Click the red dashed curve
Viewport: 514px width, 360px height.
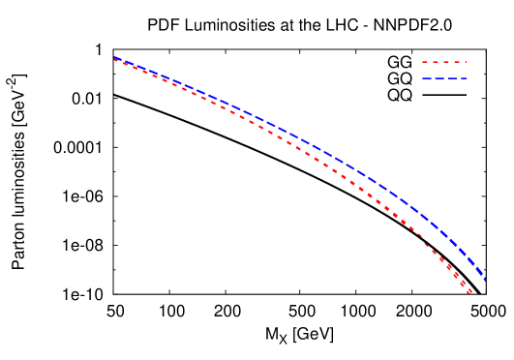point(290,141)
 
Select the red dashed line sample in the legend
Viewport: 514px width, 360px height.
point(443,62)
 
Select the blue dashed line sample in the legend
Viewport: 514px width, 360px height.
point(444,77)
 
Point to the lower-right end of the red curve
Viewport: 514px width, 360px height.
point(470,292)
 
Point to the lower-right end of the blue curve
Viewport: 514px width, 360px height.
point(483,279)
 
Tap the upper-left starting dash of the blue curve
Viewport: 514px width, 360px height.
point(117,59)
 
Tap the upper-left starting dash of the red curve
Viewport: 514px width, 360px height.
point(116,60)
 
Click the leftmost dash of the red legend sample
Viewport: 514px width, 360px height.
point(424,62)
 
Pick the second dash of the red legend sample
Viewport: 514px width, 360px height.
point(435,62)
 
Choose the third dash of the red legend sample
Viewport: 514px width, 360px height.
point(445,62)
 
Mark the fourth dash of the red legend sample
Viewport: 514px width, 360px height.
point(456,62)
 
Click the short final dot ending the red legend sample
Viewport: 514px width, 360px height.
point(465,62)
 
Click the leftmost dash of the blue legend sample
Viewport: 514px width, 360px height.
point(426,77)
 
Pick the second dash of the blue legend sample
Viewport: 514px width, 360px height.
point(438,77)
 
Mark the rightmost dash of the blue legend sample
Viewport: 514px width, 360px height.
point(463,77)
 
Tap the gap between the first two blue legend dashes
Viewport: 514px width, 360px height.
point(432,77)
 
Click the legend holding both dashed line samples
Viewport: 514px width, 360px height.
point(444,70)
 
